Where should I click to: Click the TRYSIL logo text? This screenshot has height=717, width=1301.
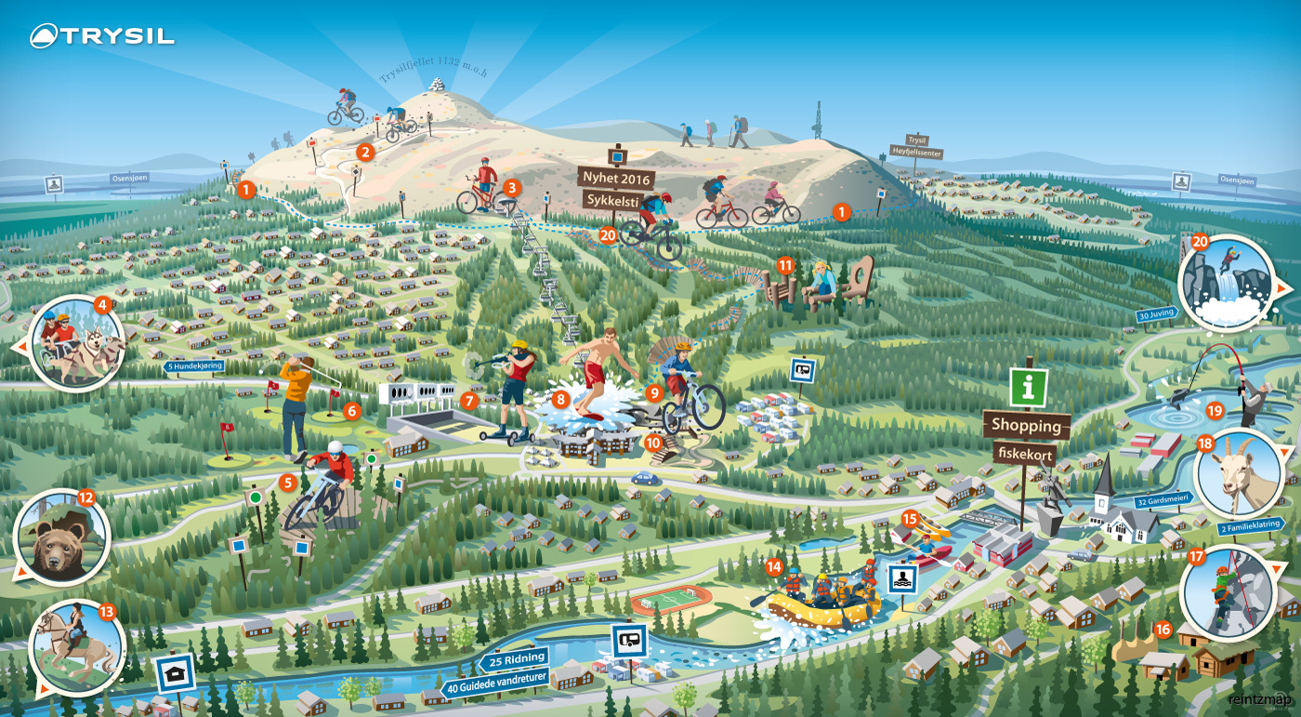[116, 36]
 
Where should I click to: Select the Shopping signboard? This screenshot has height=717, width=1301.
[1026, 425]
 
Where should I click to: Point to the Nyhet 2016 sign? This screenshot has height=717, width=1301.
[616, 177]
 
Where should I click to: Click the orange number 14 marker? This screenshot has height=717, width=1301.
[774, 565]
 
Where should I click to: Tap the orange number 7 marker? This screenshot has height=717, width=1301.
[469, 401]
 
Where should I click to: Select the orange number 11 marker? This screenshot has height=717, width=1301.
[785, 265]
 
